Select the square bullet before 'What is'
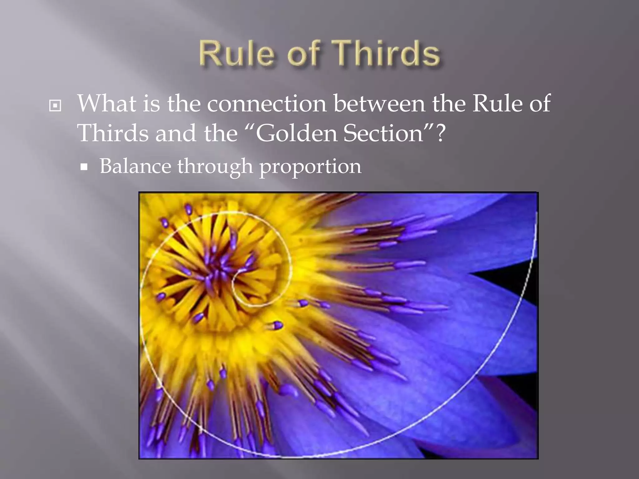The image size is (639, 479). pyautogui.click(x=55, y=106)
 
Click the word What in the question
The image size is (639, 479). pyautogui.click(x=106, y=104)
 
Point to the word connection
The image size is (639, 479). pyautogui.click(x=267, y=104)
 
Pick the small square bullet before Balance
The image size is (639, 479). pyautogui.click(x=84, y=167)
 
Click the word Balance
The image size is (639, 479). pyautogui.click(x=135, y=166)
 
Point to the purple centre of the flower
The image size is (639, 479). pyautogui.click(x=218, y=274)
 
